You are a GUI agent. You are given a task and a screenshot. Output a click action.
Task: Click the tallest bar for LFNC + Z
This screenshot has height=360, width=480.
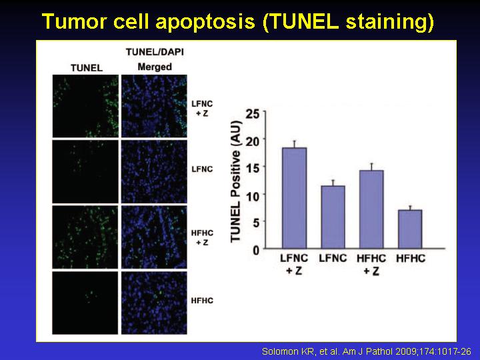point(294,198)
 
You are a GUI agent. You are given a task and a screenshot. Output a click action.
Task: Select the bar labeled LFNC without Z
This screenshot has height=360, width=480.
point(333,217)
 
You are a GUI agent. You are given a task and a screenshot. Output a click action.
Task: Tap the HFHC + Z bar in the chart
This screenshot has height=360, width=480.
point(371,209)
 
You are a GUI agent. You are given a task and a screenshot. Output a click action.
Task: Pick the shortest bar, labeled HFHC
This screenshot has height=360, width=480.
point(410,229)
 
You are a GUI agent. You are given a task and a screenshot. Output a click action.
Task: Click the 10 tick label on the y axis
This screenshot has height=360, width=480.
point(253,195)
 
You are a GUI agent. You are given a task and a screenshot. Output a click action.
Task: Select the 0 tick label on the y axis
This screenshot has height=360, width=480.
point(256,250)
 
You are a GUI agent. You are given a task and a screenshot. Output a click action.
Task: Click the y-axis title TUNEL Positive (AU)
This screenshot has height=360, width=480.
point(236,181)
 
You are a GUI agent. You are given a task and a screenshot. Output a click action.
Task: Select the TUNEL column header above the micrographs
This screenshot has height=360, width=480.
point(87,67)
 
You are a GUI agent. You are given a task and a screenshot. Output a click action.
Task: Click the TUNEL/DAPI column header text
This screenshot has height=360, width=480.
point(155,52)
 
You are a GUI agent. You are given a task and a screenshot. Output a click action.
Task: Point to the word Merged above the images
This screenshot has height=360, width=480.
point(155,67)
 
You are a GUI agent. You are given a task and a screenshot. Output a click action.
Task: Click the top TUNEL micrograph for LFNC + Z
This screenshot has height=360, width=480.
point(85,106)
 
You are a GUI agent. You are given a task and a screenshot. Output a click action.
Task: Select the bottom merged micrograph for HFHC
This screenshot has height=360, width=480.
point(154,303)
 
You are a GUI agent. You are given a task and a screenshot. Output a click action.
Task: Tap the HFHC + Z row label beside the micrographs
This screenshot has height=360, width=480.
point(202,237)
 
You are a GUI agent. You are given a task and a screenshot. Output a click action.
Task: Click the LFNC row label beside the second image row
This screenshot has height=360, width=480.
point(202,169)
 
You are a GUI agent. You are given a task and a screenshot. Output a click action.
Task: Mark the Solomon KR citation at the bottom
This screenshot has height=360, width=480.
point(367,351)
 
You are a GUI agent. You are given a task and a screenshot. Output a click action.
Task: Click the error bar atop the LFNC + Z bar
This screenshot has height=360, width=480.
point(294,144)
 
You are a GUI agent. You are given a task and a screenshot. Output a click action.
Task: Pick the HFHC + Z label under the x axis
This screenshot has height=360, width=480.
point(371,265)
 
